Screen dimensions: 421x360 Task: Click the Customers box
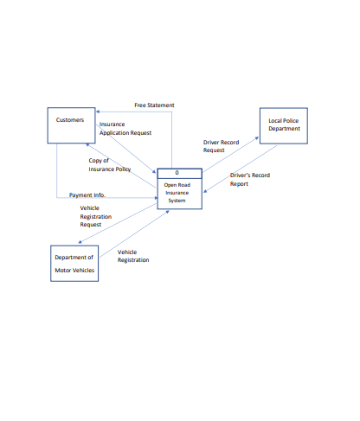(x=72, y=125)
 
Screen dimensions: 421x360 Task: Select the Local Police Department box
(x=283, y=125)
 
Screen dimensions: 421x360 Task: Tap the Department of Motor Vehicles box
(x=74, y=264)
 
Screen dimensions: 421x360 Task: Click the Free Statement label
(x=154, y=105)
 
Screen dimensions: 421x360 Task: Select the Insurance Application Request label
(x=125, y=129)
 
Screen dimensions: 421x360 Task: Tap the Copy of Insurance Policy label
(x=110, y=164)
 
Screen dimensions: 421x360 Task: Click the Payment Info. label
(x=87, y=195)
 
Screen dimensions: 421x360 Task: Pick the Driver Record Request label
(x=221, y=145)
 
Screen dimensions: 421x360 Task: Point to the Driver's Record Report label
(x=250, y=179)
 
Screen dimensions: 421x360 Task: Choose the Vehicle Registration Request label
(x=95, y=216)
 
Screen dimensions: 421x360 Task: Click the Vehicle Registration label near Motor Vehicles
(x=133, y=256)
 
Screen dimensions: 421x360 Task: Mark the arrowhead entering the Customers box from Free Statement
(x=99, y=112)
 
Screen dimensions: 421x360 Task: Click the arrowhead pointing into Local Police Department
(x=257, y=135)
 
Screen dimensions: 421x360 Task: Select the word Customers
(x=70, y=119)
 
